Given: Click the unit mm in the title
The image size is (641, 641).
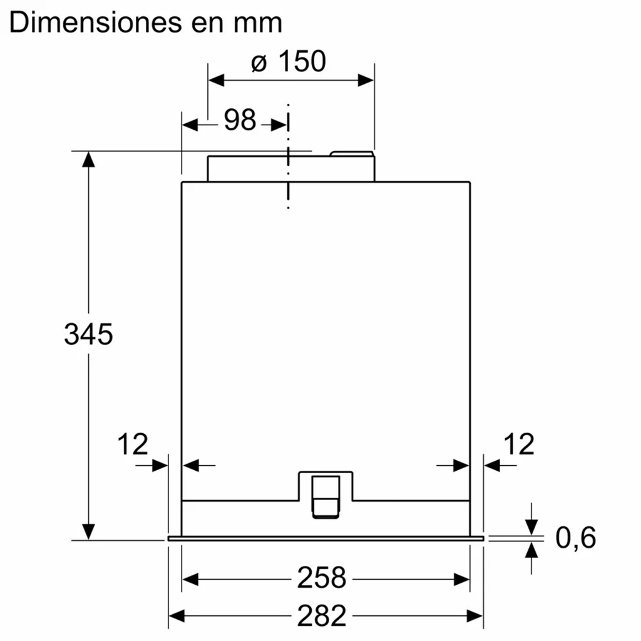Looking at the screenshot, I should click(x=258, y=23).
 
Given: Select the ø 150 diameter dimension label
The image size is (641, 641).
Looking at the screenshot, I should click(x=289, y=62).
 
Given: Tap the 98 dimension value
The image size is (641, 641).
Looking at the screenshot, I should click(x=240, y=120).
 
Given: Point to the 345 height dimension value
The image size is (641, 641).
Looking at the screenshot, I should click(x=88, y=335).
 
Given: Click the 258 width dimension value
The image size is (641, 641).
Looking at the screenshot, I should click(x=321, y=578).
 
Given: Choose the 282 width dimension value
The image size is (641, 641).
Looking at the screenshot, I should click(x=321, y=616).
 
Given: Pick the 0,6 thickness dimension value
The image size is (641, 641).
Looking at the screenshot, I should click(x=575, y=537).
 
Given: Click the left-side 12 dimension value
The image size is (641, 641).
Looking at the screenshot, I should click(x=133, y=444).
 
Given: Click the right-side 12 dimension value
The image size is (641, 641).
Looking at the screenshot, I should click(x=519, y=444).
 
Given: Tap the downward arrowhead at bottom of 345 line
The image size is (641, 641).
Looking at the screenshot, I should click(x=88, y=531).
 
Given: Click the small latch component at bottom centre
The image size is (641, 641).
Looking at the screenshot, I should click(x=326, y=495).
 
